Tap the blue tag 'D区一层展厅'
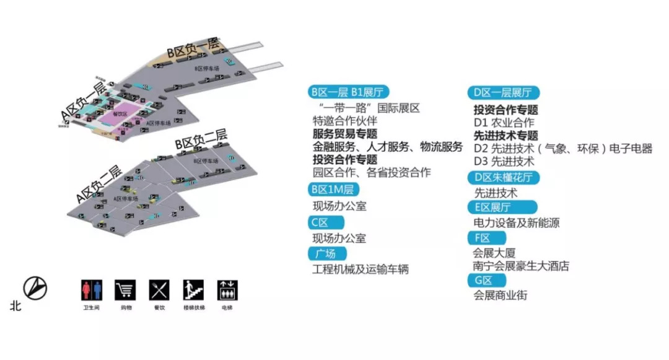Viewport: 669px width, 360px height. (502, 93)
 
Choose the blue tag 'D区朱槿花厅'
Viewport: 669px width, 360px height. (502, 178)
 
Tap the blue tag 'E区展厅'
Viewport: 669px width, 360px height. (493, 207)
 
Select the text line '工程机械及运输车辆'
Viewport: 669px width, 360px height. (361, 270)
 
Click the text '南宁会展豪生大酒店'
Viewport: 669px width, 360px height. (521, 266)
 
